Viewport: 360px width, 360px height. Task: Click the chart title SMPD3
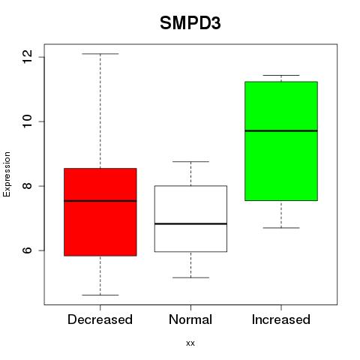point(190,23)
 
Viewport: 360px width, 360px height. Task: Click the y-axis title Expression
point(7,174)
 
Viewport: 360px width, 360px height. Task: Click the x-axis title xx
point(190,343)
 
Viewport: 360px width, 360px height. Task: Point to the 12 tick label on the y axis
point(27,56)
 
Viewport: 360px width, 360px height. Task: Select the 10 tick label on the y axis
point(27,121)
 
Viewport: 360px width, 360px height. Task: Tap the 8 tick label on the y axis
point(27,186)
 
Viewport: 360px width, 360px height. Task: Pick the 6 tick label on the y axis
point(27,250)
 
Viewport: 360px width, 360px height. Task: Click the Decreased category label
point(100,319)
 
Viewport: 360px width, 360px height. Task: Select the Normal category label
point(190,319)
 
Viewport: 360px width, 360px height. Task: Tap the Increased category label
point(281,319)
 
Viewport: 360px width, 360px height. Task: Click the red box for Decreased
point(100,212)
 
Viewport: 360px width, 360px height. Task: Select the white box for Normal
point(190,219)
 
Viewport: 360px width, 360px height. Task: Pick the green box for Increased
point(281,141)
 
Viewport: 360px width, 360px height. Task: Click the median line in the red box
point(100,201)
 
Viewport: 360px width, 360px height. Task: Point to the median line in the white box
point(190,223)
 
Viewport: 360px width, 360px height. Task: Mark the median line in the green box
point(281,130)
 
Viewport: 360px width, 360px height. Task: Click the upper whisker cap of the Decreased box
point(100,54)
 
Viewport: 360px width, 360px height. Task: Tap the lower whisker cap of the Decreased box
point(100,295)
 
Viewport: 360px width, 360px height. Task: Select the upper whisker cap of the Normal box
point(190,161)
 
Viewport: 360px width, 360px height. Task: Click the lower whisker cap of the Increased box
point(281,228)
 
